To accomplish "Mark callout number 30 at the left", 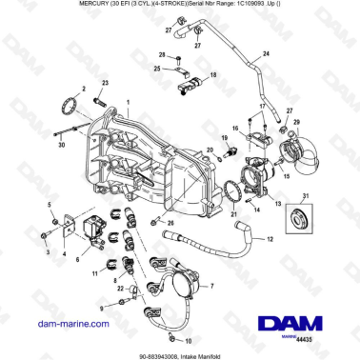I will coord(61,147).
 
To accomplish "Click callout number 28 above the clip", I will coord(162,56).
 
